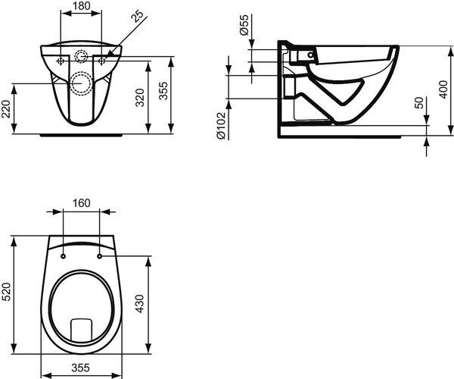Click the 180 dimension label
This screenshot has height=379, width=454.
pyautogui.click(x=82, y=6)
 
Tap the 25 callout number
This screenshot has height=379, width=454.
pyautogui.click(x=137, y=16)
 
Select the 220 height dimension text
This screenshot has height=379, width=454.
pyautogui.click(x=6, y=109)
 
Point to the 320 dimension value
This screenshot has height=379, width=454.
pyautogui.click(x=140, y=98)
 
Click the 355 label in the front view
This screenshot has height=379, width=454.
pyautogui.click(x=163, y=91)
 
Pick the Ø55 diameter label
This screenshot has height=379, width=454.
pyautogui.click(x=244, y=25)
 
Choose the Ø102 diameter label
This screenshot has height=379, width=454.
pyautogui.click(x=221, y=126)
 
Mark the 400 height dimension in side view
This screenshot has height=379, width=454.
pyautogui.click(x=443, y=89)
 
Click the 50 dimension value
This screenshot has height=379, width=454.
pyautogui.click(x=418, y=102)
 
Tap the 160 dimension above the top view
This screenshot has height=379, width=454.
pyautogui.click(x=82, y=203)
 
